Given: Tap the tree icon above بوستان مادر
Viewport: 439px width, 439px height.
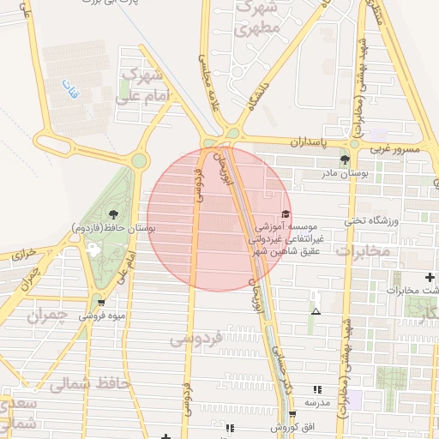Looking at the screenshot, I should [345, 159].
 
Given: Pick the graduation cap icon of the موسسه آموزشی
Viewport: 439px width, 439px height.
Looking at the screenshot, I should [286, 213].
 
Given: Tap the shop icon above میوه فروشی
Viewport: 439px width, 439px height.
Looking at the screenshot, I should [102, 303].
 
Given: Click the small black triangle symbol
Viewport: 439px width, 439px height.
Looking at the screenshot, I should [316, 310].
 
